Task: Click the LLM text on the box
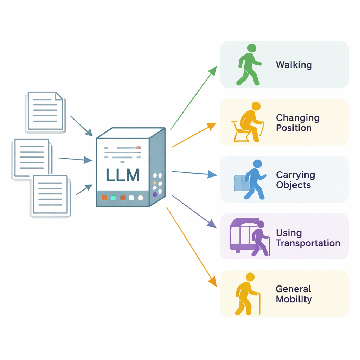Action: click(123, 175)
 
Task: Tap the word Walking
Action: click(294, 65)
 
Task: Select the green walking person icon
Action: click(249, 65)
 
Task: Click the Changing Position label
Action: click(298, 123)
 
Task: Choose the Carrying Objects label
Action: click(295, 180)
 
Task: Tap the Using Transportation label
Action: click(308, 238)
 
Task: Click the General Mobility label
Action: click(294, 294)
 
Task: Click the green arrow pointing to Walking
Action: click(193, 98)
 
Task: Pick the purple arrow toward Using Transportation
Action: click(194, 211)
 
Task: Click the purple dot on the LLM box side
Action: click(155, 194)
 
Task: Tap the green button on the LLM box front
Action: click(113, 198)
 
